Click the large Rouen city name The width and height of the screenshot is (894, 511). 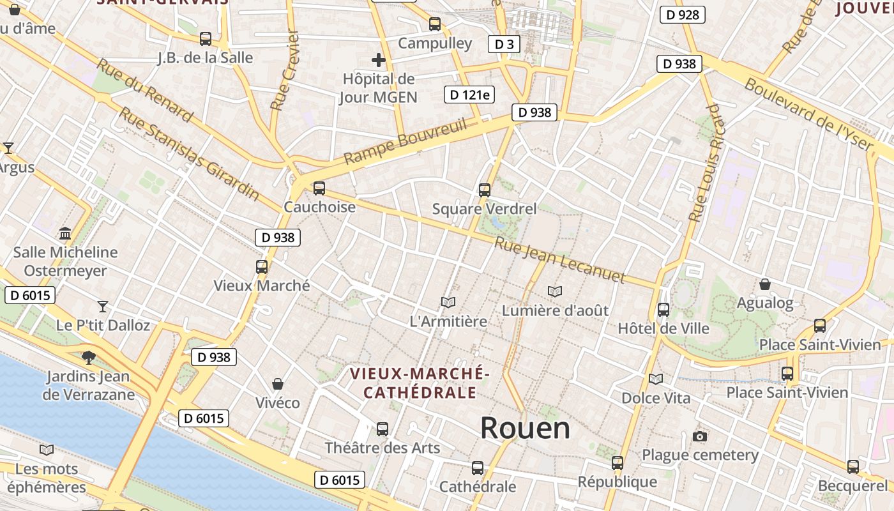click(525, 427)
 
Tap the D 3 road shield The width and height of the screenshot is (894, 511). click(504, 44)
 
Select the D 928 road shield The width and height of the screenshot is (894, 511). click(682, 15)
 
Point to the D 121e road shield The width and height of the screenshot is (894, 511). click(469, 95)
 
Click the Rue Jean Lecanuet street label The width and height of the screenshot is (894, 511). click(559, 260)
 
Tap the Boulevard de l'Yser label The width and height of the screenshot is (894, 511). click(808, 114)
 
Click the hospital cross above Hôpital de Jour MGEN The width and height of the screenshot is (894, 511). click(379, 61)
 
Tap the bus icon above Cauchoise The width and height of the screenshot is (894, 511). click(319, 188)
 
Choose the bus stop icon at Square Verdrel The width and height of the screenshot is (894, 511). click(485, 190)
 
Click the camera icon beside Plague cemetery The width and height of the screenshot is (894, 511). click(700, 436)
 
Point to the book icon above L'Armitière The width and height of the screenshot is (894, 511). click(448, 302)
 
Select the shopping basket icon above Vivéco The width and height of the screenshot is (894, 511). click(278, 384)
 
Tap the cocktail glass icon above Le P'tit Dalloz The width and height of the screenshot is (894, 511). click(103, 306)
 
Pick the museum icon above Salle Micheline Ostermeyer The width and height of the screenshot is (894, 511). click(65, 233)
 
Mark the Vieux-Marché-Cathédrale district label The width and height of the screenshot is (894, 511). click(420, 382)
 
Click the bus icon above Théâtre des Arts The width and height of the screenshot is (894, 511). click(383, 429)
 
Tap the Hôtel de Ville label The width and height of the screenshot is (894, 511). click(663, 328)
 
